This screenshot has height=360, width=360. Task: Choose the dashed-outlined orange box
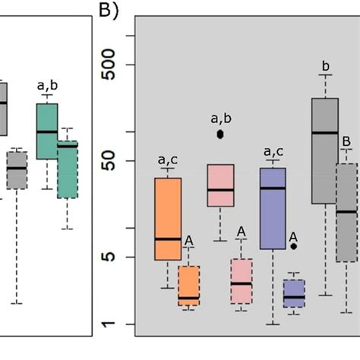point(189,286)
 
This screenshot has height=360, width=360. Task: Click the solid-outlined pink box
point(221,185)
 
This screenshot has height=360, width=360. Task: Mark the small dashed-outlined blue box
point(294,293)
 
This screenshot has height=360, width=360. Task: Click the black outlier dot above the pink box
point(221,134)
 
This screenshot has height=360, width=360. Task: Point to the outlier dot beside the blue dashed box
point(294,246)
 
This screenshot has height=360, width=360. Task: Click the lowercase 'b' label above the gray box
point(326,67)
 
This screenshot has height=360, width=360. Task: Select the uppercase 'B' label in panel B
point(346,141)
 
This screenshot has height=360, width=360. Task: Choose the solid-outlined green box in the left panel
point(47,131)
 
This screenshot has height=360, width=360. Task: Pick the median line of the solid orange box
point(168,238)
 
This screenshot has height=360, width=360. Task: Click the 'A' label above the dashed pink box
point(242,231)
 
